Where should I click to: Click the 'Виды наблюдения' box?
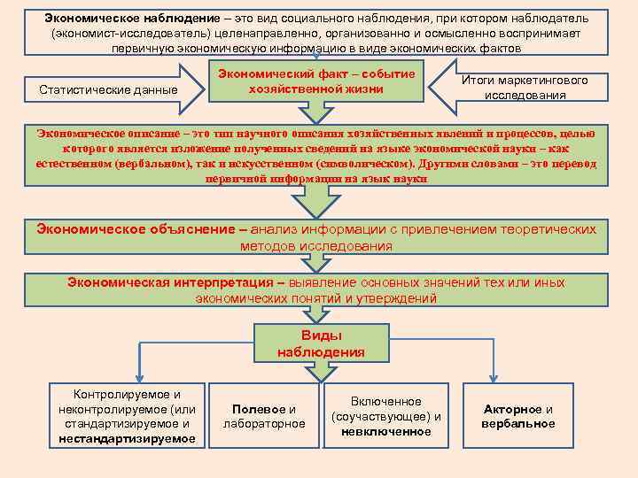tap(320, 343)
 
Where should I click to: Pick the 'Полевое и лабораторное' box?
tap(264, 416)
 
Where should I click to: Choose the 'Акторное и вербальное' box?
tap(518, 416)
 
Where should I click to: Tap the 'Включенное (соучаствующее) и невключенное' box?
tap(385, 416)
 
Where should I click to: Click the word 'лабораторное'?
tap(264, 424)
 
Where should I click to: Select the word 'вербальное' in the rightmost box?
tap(518, 424)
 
